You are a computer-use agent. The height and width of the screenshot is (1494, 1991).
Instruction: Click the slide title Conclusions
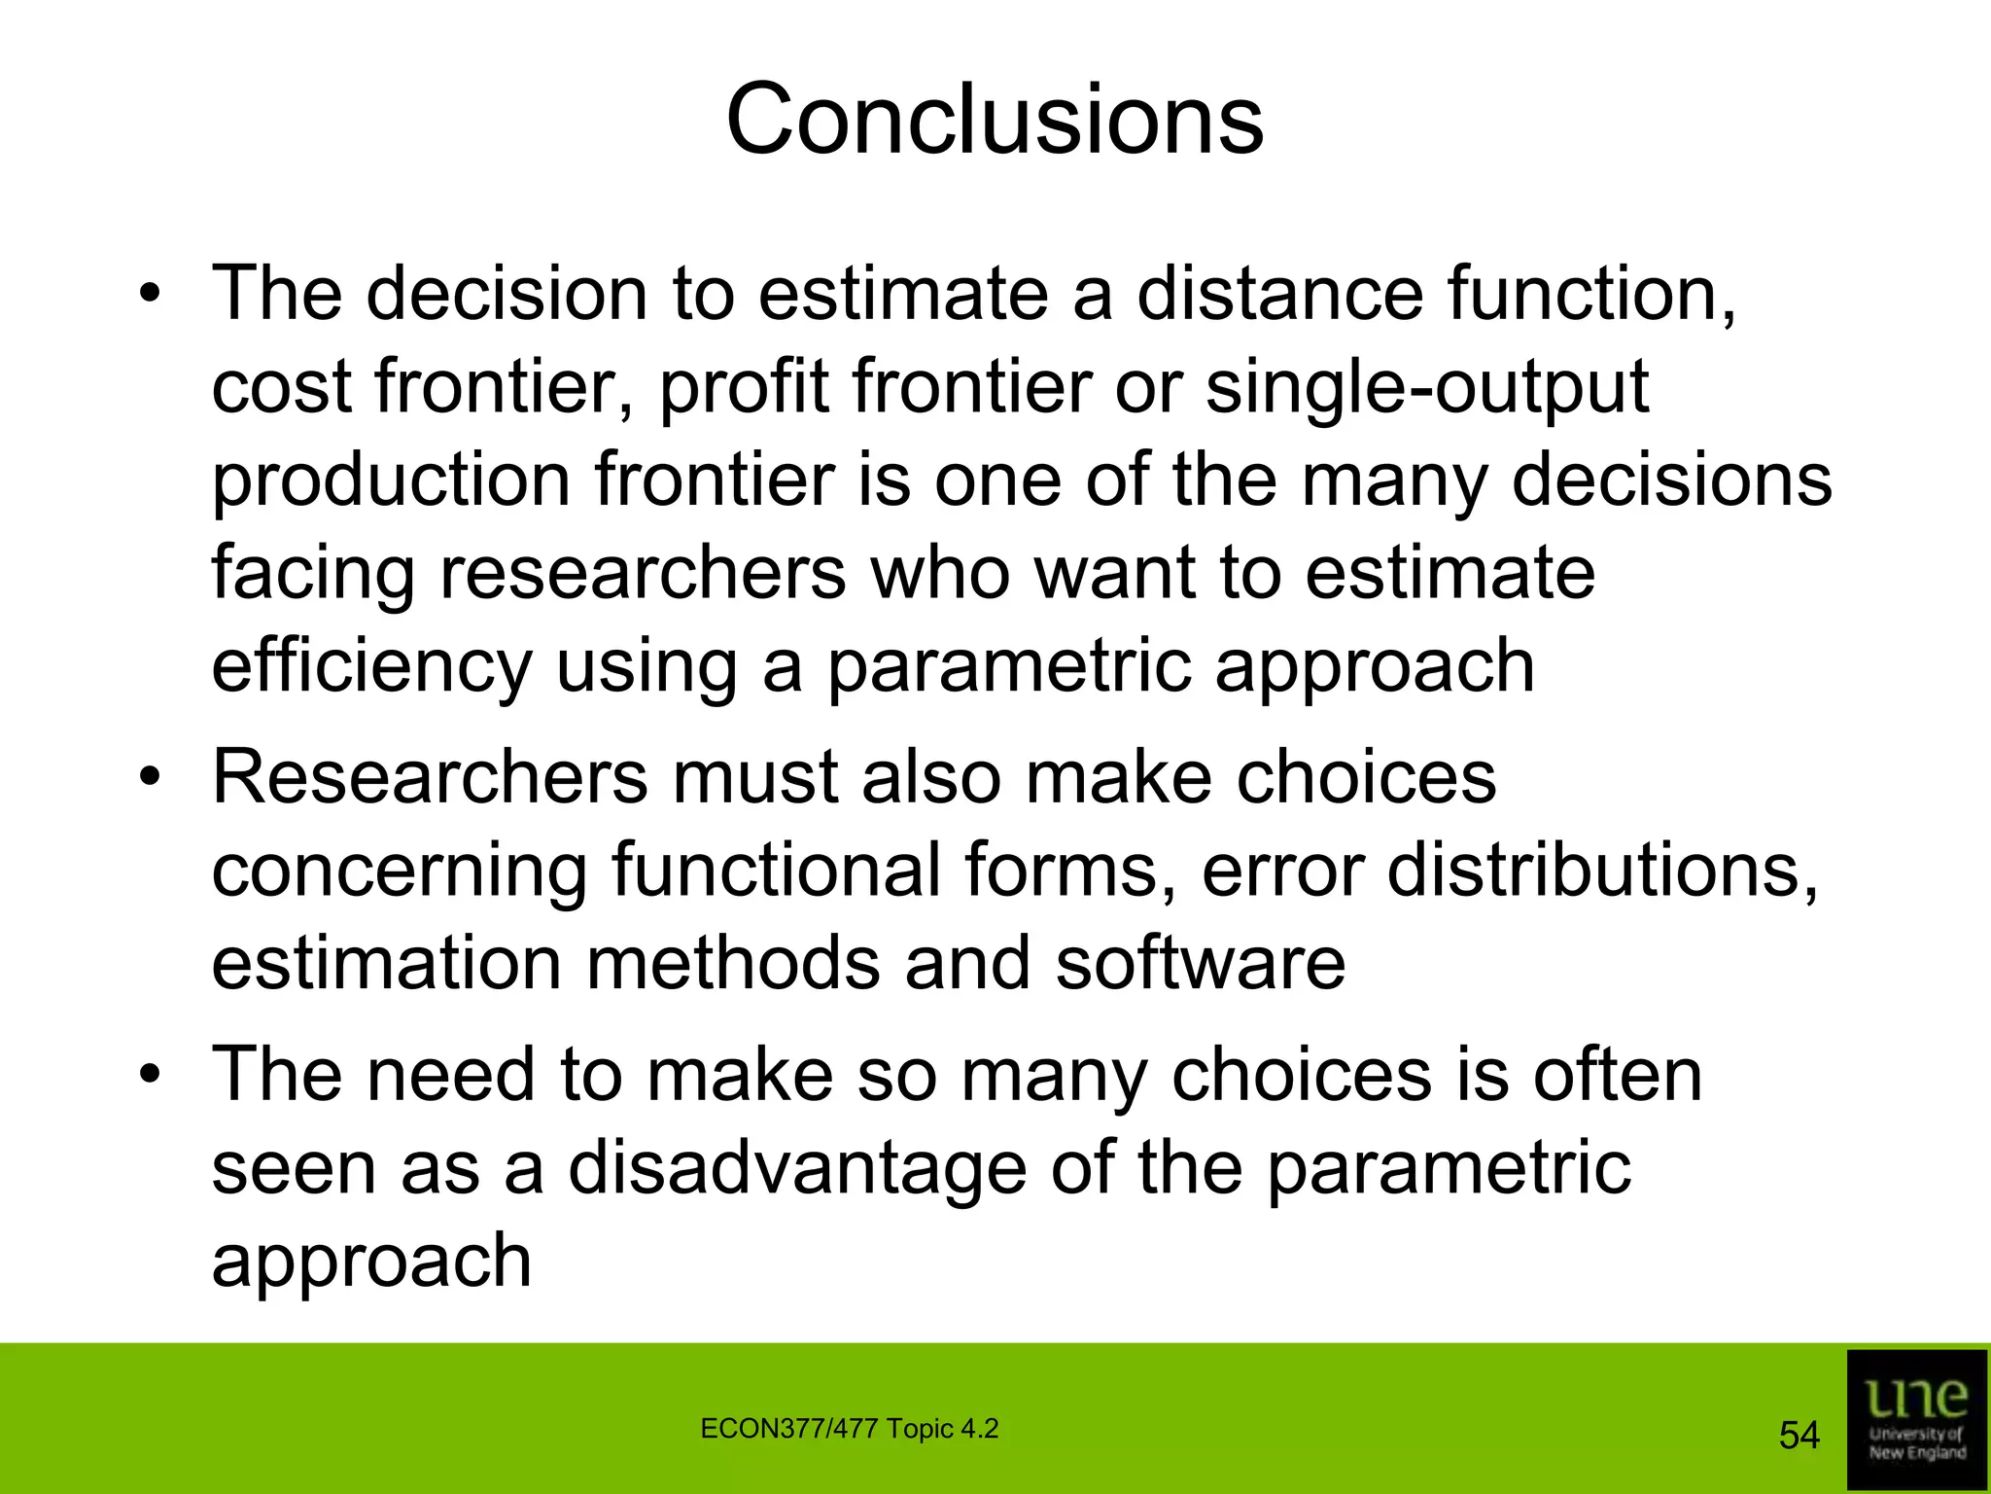pyautogui.click(x=995, y=120)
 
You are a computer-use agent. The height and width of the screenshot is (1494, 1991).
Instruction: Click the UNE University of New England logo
pyautogui.click(x=1916, y=1419)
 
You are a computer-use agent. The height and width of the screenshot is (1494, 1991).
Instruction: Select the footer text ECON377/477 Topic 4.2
pyautogui.click(x=849, y=1429)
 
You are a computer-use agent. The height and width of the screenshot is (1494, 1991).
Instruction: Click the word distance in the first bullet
pyautogui.click(x=1279, y=294)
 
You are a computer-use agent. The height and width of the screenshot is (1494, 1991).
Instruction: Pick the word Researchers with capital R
pyautogui.click(x=430, y=778)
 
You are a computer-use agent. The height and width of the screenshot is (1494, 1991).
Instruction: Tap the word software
pyautogui.click(x=1201, y=964)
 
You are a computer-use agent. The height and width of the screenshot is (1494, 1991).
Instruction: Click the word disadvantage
pyautogui.click(x=797, y=1168)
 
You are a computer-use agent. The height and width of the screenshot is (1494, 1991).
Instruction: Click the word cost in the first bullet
pyautogui.click(x=282, y=387)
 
